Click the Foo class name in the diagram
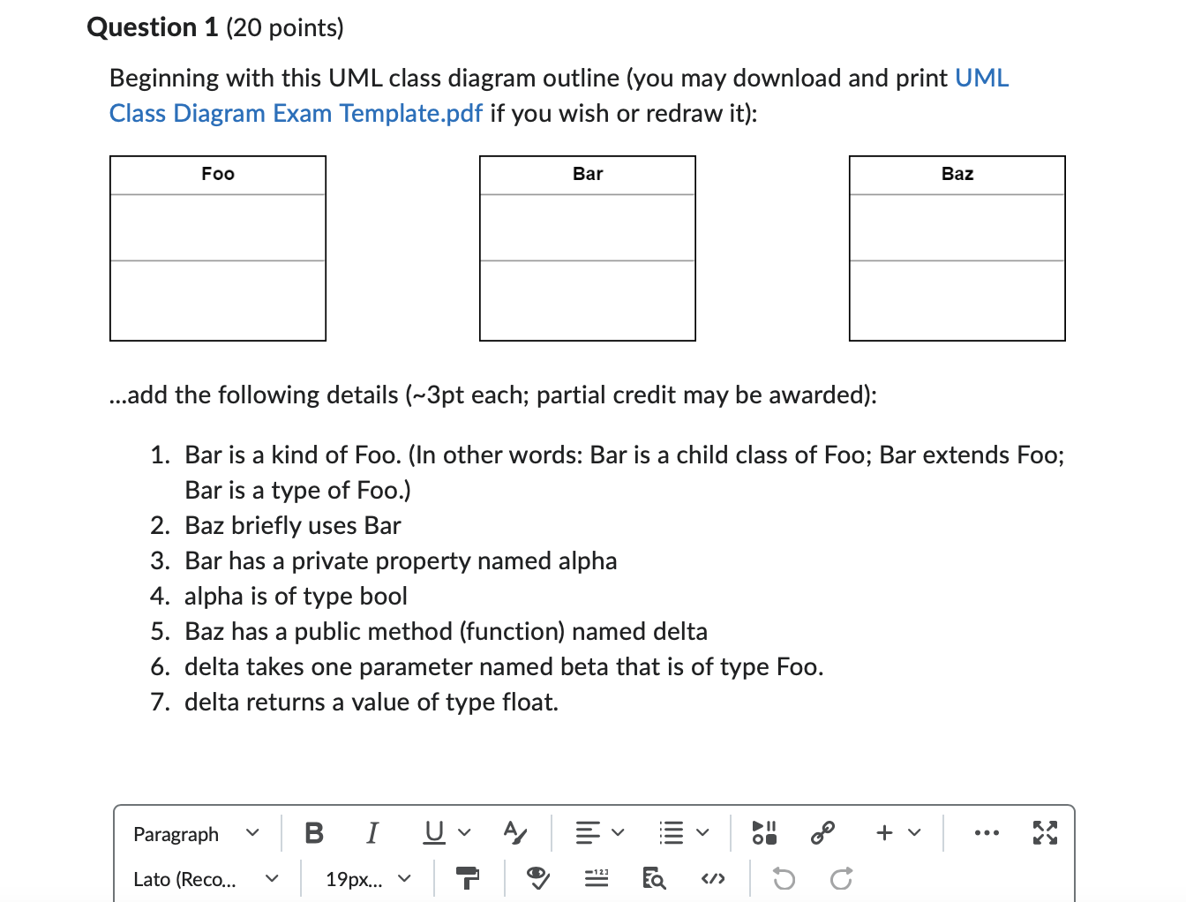[218, 174]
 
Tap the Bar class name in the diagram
[588, 174]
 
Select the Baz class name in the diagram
[957, 174]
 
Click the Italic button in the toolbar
[372, 832]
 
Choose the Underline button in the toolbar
[434, 832]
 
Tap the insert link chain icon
[822, 832]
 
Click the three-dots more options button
[987, 832]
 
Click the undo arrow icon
[784, 879]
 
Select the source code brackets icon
[713, 879]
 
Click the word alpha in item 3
[589, 561]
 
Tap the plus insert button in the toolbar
[885, 832]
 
